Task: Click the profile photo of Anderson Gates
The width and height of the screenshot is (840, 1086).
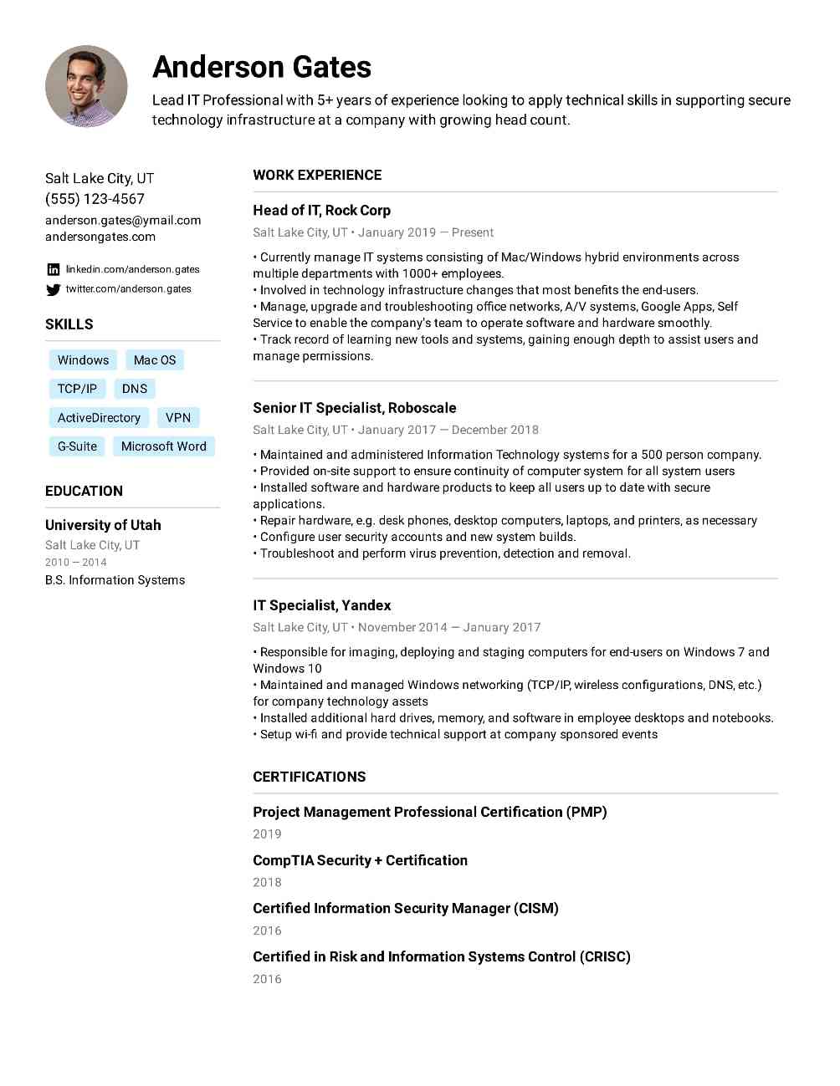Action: [x=86, y=86]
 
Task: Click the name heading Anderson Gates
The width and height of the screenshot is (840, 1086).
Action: [x=261, y=67]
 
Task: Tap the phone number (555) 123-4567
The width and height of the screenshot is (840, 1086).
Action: [x=95, y=199]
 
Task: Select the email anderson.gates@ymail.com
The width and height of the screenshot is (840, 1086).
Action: [x=123, y=220]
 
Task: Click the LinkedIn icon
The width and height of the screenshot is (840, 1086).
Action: [x=54, y=269]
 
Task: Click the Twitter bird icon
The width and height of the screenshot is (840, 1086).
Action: [x=54, y=289]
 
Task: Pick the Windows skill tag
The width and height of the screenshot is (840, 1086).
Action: [x=83, y=360]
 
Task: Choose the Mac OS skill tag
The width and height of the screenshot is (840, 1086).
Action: [x=155, y=360]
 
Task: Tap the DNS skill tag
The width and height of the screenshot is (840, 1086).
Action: [x=134, y=389]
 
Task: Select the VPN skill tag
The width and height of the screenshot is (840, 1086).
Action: [x=178, y=418]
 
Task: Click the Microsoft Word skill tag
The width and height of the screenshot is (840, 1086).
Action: [x=163, y=446]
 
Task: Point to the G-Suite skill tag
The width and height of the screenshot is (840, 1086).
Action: [x=77, y=446]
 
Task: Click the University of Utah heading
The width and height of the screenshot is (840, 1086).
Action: [x=103, y=525]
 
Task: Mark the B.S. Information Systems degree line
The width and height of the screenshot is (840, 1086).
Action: [x=115, y=580]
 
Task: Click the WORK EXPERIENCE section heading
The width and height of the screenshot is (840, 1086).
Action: [x=317, y=175]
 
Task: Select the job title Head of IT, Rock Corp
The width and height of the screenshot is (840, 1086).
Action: [x=321, y=211]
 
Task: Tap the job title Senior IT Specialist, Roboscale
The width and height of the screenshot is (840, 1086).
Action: [x=354, y=408]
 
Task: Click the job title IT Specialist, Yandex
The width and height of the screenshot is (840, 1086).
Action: [x=321, y=605]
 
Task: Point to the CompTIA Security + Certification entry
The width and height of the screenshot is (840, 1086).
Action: [x=360, y=860]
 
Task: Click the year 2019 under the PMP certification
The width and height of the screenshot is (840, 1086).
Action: [x=267, y=834]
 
